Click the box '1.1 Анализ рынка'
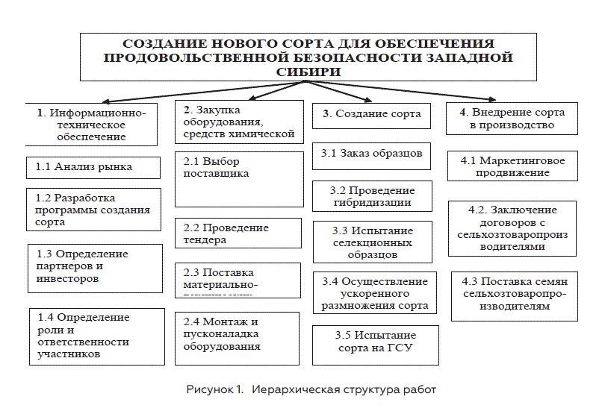[x=93, y=167]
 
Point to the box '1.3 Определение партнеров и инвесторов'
[x=95, y=267]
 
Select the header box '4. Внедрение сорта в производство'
[x=512, y=119]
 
